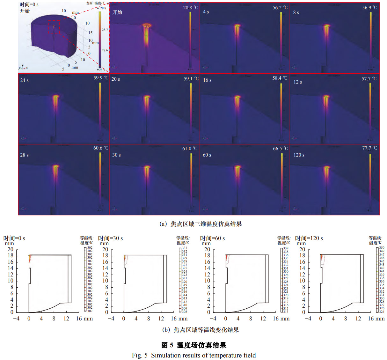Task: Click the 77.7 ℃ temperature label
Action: (369, 148)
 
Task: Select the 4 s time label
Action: (206, 12)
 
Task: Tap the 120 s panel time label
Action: (299, 155)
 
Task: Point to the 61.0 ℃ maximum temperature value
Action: (190, 149)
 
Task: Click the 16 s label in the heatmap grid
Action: (207, 80)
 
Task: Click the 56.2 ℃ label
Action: (280, 8)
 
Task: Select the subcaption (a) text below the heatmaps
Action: (201, 224)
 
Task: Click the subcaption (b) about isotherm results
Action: (201, 330)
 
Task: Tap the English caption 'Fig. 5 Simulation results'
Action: (194, 355)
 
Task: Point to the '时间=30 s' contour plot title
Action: (110, 238)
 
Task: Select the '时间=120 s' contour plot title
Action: (309, 238)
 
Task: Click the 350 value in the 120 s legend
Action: (382, 247)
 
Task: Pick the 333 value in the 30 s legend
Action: (185, 248)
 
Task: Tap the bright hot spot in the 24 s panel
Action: (56, 97)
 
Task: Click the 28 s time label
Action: (24, 155)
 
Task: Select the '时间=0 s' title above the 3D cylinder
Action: (29, 4)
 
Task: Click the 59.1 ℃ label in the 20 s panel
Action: (191, 78)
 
